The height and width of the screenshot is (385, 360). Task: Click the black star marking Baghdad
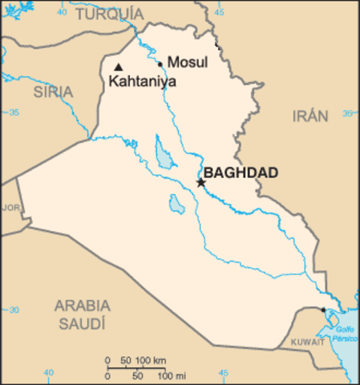200,183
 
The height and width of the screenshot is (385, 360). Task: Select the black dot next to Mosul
160,64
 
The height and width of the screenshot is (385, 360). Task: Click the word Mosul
187,63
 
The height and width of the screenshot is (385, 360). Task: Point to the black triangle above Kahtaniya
119,67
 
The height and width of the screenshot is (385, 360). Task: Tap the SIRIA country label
53,92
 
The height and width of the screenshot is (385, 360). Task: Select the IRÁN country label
309,115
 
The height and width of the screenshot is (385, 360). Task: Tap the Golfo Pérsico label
346,332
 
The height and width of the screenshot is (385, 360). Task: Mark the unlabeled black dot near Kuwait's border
323,310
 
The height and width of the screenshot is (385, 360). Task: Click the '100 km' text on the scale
151,359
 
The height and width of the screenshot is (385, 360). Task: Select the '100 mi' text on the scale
172,375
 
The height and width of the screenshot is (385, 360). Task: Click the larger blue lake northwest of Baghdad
164,152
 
